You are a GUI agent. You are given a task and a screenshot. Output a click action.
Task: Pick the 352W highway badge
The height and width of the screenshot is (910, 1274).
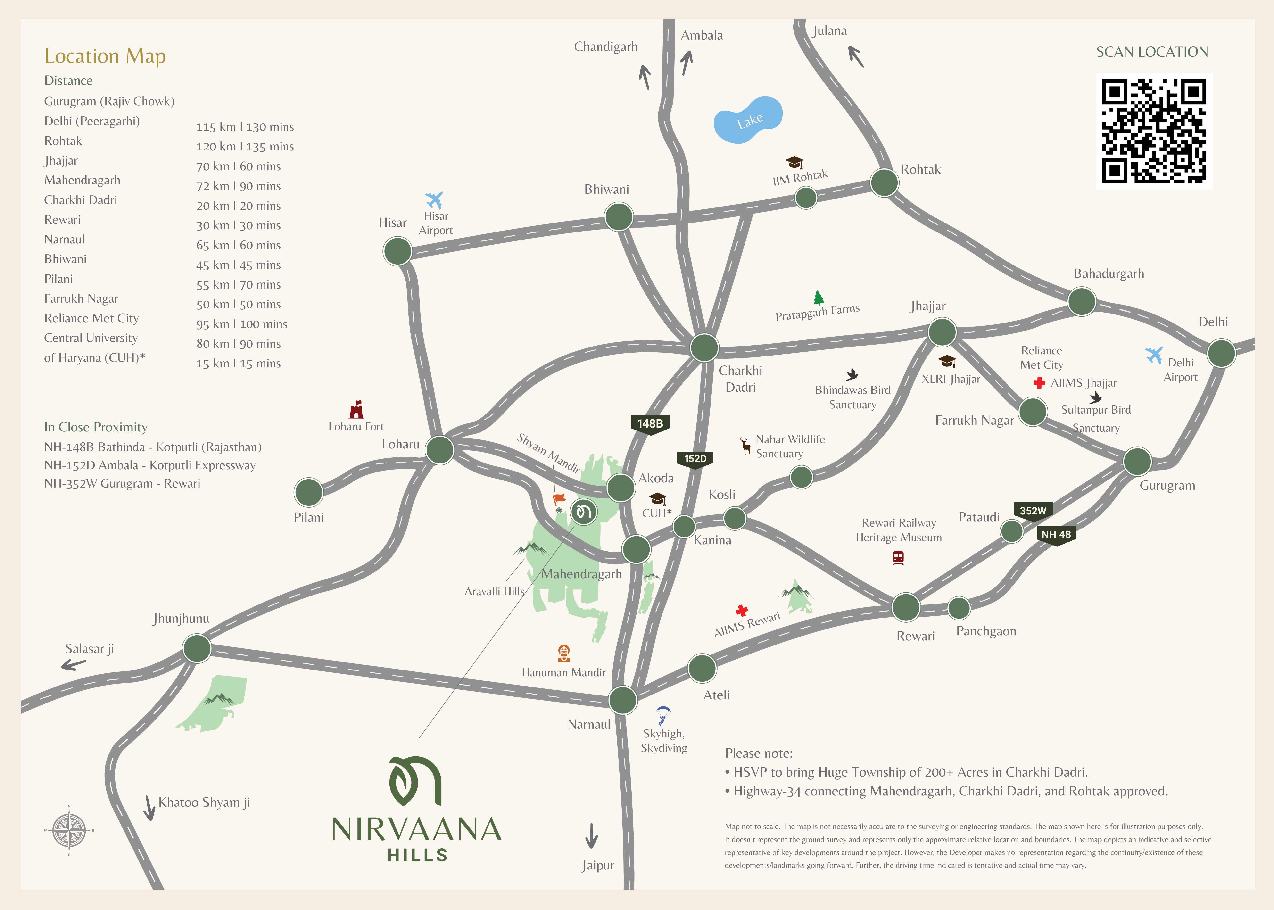(1033, 511)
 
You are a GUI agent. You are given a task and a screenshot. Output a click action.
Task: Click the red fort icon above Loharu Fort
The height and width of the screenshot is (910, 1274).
(356, 410)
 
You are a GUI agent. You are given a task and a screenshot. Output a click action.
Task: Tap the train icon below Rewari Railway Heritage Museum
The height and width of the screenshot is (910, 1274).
(898, 558)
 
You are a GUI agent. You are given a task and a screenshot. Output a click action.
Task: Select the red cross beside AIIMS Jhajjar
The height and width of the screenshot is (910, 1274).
(1039, 383)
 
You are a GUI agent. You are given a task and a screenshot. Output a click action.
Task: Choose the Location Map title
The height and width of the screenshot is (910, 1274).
(105, 57)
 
